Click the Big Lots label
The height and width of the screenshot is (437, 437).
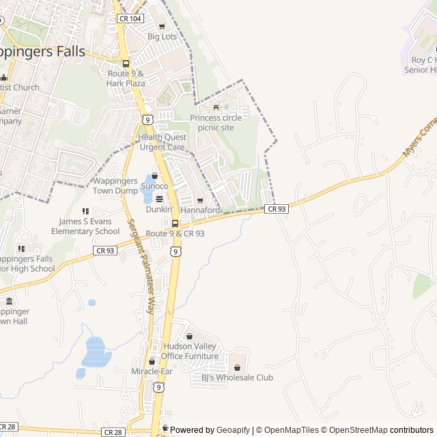[x=163, y=36]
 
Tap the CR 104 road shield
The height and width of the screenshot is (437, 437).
[x=129, y=18]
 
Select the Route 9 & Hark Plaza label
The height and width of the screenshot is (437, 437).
[x=126, y=78]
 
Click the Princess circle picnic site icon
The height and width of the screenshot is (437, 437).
[x=216, y=107]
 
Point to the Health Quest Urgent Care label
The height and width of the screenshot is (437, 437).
[x=162, y=142]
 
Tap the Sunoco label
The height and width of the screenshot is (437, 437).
[x=154, y=186]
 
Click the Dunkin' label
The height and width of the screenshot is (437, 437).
[x=159, y=209]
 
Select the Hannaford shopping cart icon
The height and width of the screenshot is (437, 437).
[x=200, y=201]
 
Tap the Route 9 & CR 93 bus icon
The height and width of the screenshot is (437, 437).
[x=175, y=223]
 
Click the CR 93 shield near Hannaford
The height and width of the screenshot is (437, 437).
[x=277, y=209]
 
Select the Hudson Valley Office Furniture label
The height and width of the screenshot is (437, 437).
[x=190, y=351]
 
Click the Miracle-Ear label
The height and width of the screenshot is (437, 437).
[x=152, y=371]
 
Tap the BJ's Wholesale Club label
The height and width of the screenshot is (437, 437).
[x=237, y=378]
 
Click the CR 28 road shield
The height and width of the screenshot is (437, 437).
[x=113, y=432]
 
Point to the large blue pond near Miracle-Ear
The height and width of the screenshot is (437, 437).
[x=96, y=352]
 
